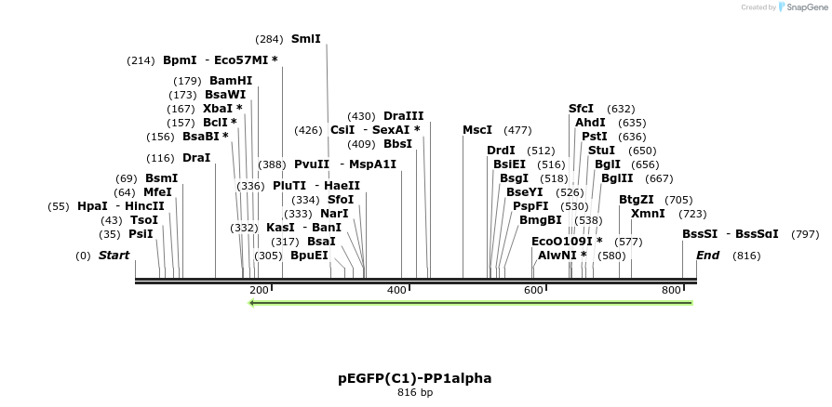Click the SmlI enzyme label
(305, 39)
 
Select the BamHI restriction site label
(231, 81)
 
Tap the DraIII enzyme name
(403, 116)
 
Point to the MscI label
(477, 130)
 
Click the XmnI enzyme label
(648, 214)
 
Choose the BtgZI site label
(637, 200)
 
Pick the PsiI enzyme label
(141, 234)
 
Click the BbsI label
(397, 144)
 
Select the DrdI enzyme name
(501, 151)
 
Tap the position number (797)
(804, 234)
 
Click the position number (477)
(517, 130)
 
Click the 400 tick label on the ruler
(396, 291)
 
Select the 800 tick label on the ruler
(671, 291)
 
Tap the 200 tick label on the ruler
(259, 291)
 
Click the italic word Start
(114, 256)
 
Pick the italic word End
(707, 256)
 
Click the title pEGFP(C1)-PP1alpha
(415, 379)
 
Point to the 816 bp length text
(415, 393)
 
